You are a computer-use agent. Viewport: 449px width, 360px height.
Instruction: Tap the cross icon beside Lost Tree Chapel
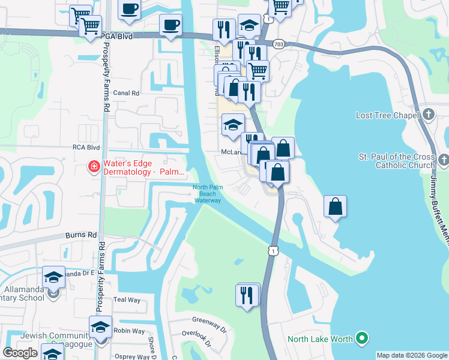point(428,115)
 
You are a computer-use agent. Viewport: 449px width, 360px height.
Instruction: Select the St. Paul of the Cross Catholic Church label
point(396,161)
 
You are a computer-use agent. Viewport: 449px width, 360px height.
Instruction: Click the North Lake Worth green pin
point(361,339)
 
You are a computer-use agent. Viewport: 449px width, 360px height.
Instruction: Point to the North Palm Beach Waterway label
point(208,194)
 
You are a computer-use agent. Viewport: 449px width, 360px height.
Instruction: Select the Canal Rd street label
point(126,93)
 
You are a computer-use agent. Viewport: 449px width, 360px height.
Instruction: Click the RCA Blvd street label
point(86,146)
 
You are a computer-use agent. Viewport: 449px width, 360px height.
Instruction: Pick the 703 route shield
point(278,44)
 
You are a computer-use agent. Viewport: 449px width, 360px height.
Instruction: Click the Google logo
point(20,353)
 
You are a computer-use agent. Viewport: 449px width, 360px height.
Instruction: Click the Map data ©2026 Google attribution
point(412,355)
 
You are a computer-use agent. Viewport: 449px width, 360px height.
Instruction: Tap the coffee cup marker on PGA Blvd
point(171,25)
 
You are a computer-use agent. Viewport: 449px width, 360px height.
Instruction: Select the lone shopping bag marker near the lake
point(336,206)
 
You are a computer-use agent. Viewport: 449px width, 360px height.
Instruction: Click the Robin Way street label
point(129,331)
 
